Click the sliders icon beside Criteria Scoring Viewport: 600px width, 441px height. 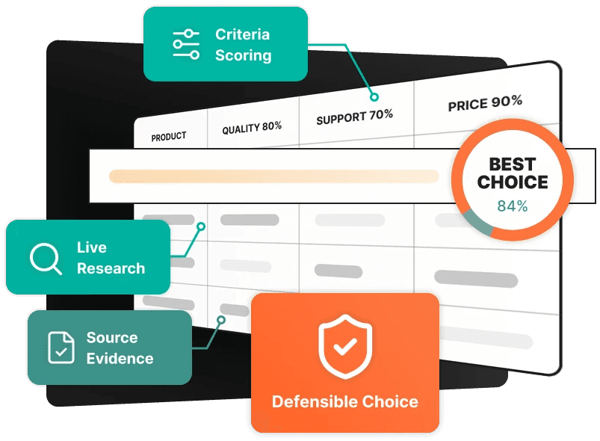tap(186, 44)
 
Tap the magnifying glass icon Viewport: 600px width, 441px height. tap(46, 259)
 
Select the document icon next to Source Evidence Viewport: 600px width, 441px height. tap(61, 348)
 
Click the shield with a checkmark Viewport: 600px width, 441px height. tap(345, 346)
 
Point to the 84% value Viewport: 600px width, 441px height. tap(513, 206)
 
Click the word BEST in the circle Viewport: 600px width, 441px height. tap(513, 164)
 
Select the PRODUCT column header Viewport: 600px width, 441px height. tap(169, 137)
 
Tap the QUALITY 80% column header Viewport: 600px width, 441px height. tap(252, 128)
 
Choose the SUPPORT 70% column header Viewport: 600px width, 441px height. tap(354, 117)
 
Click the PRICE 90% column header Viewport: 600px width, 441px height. tap(485, 103)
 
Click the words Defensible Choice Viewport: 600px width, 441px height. tap(344, 401)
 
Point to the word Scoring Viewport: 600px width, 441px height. tap(244, 56)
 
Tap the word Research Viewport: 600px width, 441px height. tap(111, 268)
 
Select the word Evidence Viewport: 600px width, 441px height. tap(120, 359)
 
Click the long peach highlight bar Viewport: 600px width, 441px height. tap(274, 176)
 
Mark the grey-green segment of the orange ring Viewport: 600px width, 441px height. tap(477, 223)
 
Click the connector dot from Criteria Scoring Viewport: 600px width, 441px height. tap(374, 97)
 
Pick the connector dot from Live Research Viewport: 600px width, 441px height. tap(201, 226)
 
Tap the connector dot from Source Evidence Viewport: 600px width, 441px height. tap(221, 320)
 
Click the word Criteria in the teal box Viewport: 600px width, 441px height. tap(243, 34)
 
